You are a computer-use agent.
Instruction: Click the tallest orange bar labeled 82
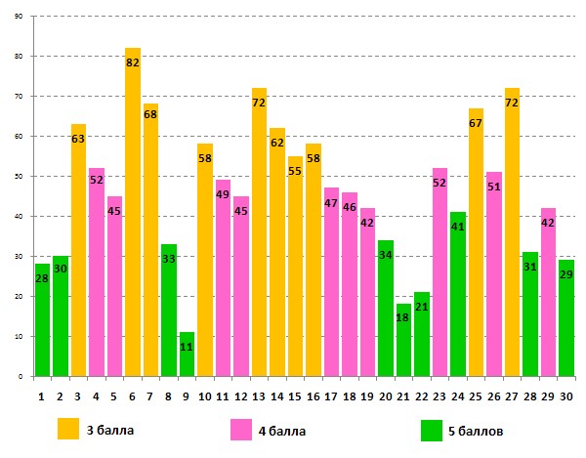coord(133,215)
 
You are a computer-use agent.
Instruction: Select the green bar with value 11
coord(187,356)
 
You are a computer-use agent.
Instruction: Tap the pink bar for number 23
coord(439,283)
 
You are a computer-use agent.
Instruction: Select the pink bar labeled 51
coord(494,283)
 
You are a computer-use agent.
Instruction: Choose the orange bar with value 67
coord(476,254)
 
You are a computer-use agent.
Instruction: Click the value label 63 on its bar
coord(79,140)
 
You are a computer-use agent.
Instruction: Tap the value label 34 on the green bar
coord(386,255)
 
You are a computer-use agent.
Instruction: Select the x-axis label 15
coord(295,396)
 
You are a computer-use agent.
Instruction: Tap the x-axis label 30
coord(565,396)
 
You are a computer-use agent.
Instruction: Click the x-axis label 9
coord(187,396)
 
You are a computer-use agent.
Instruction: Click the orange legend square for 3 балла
coord(68,429)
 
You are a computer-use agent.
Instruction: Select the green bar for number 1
coord(42,322)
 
